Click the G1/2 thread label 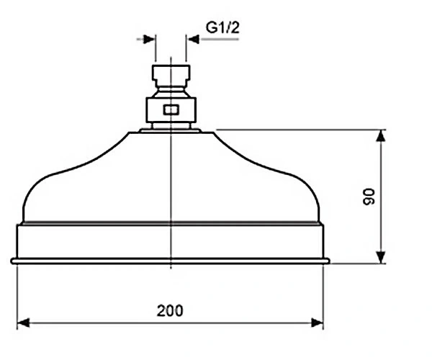[222, 27]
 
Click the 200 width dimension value [170, 311]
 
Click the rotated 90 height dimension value [369, 197]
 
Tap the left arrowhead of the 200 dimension [23, 323]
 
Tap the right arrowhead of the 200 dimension [317, 323]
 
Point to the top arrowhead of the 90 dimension [381, 136]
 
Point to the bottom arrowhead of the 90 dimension [381, 257]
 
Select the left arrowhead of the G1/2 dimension [150, 39]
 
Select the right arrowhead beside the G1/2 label [192, 39]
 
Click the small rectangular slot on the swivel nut [171, 110]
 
